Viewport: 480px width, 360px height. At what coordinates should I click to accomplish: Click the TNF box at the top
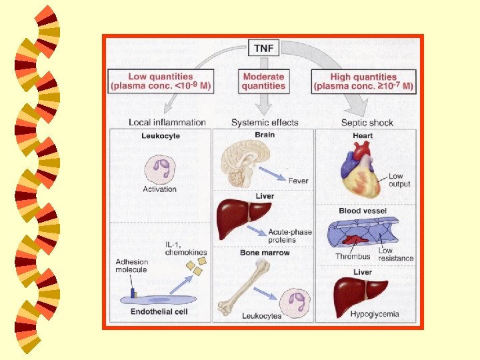click(264, 48)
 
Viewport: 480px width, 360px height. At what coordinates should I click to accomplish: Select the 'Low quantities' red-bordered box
click(161, 81)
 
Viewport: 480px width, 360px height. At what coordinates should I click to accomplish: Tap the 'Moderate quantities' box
click(264, 81)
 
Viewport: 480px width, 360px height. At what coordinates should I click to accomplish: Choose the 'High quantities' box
click(363, 81)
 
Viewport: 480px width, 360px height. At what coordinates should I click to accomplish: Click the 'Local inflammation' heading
click(167, 123)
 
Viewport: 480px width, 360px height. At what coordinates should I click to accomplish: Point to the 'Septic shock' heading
click(367, 123)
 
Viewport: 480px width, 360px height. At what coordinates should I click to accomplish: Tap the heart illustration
click(361, 171)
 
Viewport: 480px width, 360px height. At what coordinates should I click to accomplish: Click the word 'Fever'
click(298, 180)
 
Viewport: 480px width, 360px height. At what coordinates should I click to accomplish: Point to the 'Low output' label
click(399, 180)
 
